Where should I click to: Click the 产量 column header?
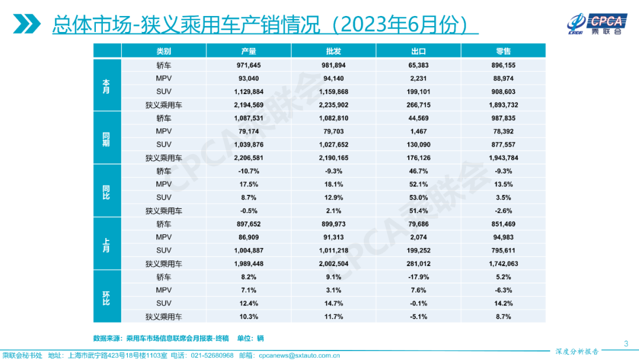[x=248, y=52]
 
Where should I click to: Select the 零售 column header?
[x=504, y=52]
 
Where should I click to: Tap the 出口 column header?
[x=418, y=52]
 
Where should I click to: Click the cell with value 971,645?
[x=248, y=65]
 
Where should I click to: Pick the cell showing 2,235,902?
[x=334, y=105]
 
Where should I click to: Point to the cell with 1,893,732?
[x=504, y=105]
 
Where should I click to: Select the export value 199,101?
[x=418, y=92]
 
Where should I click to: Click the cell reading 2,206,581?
[x=248, y=158]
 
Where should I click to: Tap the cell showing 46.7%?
[x=418, y=171]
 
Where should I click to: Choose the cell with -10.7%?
[x=248, y=171]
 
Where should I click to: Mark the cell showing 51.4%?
[x=418, y=211]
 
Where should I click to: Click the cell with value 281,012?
[x=418, y=263]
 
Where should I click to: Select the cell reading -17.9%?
[x=418, y=277]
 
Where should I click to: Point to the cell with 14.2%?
[x=504, y=303]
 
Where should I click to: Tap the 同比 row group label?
[x=106, y=191]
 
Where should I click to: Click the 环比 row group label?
[x=106, y=297]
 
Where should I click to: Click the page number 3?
[x=626, y=343]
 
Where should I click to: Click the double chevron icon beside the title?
[x=27, y=24]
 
